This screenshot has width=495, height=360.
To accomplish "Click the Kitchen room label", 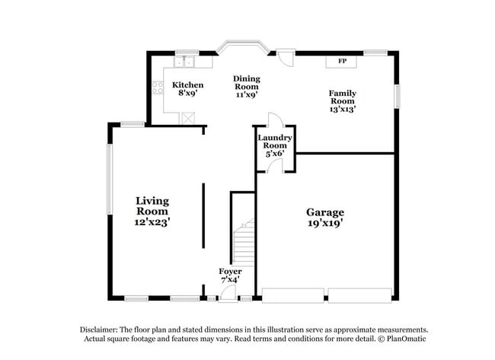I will coord(187,84).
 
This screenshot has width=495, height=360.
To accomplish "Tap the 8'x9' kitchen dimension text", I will coord(187,93).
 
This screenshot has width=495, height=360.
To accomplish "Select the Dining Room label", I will coord(246,82).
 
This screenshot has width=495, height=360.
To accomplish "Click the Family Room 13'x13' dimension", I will coord(342,110).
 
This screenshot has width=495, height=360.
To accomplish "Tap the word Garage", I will coord(325,212).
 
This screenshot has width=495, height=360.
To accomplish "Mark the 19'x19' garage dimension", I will coord(325,224).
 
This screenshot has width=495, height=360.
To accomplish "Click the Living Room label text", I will coord(152,206).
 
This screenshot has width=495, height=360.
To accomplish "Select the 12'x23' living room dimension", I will coord(152,222).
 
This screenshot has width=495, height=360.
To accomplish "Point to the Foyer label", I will coord(230,272).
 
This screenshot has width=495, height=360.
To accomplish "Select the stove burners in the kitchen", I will coord(158,88).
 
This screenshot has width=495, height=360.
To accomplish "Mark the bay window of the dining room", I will coord(241,48).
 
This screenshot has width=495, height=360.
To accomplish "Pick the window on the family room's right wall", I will coord(396,97).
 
